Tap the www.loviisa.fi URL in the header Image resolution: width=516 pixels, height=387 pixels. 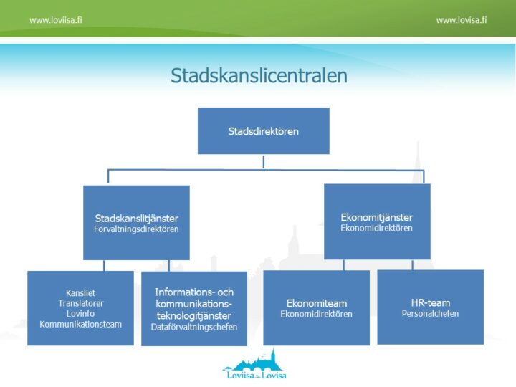56,20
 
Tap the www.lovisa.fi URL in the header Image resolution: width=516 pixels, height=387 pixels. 462,20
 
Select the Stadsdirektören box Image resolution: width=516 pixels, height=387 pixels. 263,131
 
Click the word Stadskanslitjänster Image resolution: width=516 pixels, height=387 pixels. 136,218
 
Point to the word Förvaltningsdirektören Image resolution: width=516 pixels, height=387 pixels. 136,229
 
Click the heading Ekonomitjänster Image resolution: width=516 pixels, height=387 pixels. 377,217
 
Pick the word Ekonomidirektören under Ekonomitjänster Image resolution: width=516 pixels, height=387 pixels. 377,229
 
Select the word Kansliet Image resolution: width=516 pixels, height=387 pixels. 80,293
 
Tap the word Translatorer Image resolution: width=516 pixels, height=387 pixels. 80,303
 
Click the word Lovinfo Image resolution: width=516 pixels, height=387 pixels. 80,313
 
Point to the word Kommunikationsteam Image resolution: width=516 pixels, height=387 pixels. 80,324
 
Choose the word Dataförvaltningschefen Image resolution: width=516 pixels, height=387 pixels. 193,328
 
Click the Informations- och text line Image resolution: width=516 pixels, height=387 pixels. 193,292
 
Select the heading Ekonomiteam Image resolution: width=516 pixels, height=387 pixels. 316,302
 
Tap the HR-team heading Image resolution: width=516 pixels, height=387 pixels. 430,302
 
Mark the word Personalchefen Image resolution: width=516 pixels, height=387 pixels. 430,314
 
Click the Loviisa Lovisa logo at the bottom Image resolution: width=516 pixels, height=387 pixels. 254,365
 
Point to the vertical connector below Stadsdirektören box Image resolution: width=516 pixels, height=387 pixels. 263,161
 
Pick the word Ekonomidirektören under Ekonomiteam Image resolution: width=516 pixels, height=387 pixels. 316,314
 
